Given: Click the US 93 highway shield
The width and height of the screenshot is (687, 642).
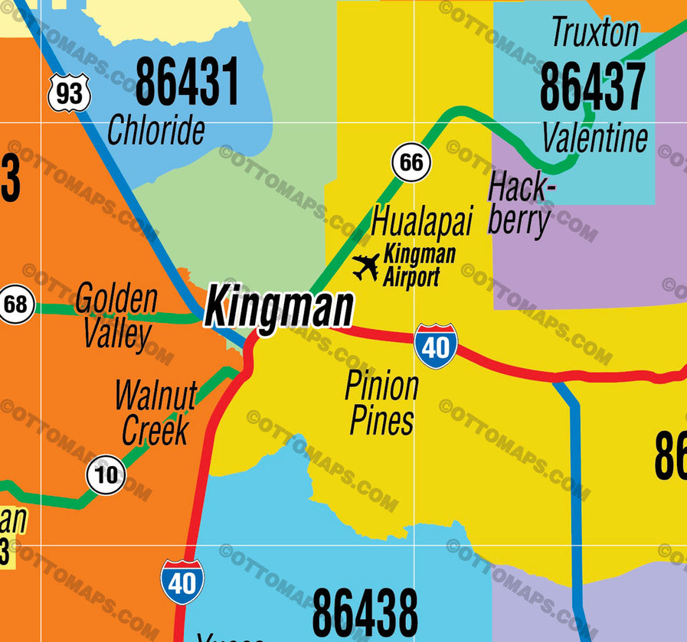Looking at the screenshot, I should click(69, 93).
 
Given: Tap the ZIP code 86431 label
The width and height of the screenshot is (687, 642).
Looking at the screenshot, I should click(187, 82).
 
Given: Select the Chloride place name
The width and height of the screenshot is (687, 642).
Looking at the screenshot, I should click(156, 129).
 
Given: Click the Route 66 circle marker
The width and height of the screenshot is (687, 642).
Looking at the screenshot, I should click(411, 162).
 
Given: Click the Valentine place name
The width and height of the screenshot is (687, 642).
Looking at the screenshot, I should click(595, 139).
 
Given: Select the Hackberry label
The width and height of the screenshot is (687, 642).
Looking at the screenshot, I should click(521, 205).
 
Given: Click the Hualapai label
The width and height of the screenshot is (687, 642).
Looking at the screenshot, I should click(422, 221).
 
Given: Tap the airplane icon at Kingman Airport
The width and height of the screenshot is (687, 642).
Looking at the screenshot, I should click(366, 267).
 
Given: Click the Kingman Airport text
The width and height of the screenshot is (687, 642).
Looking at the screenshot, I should click(419, 265).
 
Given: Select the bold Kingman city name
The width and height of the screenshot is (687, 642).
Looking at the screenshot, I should click(280, 308).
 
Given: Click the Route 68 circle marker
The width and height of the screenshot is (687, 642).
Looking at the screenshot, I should click(15, 305).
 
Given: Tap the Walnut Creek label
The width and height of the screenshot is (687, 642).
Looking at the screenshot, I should click(155, 412).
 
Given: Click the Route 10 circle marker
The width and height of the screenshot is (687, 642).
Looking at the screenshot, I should click(106, 474).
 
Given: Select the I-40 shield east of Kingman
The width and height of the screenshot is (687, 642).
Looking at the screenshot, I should click(436, 347).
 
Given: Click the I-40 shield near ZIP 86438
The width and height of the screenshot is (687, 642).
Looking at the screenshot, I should click(182, 582).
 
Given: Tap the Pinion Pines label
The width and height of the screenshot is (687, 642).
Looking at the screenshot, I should click(381, 403).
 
